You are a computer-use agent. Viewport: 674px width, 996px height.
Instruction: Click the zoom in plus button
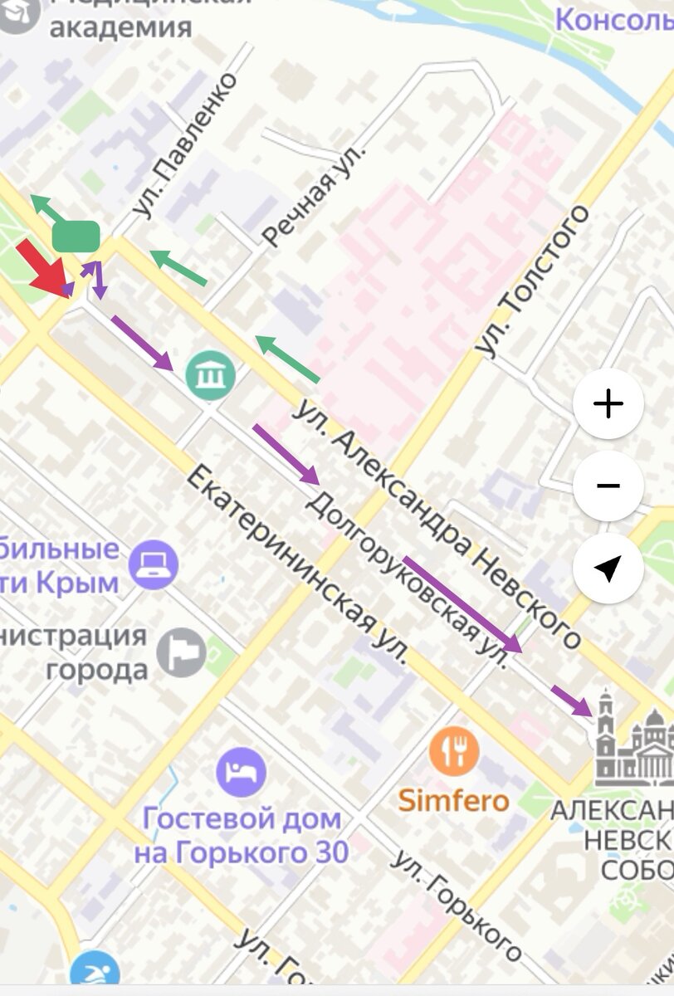point(608,404)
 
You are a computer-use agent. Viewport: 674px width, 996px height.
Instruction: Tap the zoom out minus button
point(608,486)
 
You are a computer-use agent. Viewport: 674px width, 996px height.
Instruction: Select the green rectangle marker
point(76,237)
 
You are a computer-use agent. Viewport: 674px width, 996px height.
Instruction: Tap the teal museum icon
point(211,374)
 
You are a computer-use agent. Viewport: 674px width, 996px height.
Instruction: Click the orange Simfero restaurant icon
point(454,752)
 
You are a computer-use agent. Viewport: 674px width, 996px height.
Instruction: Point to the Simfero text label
point(453,801)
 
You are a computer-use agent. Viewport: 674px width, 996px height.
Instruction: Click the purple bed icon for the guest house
point(241,771)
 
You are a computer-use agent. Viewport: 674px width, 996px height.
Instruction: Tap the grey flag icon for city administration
point(182,652)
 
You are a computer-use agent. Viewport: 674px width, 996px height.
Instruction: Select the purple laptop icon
point(154,564)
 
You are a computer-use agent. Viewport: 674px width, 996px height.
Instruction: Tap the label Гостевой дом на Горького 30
point(241,835)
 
